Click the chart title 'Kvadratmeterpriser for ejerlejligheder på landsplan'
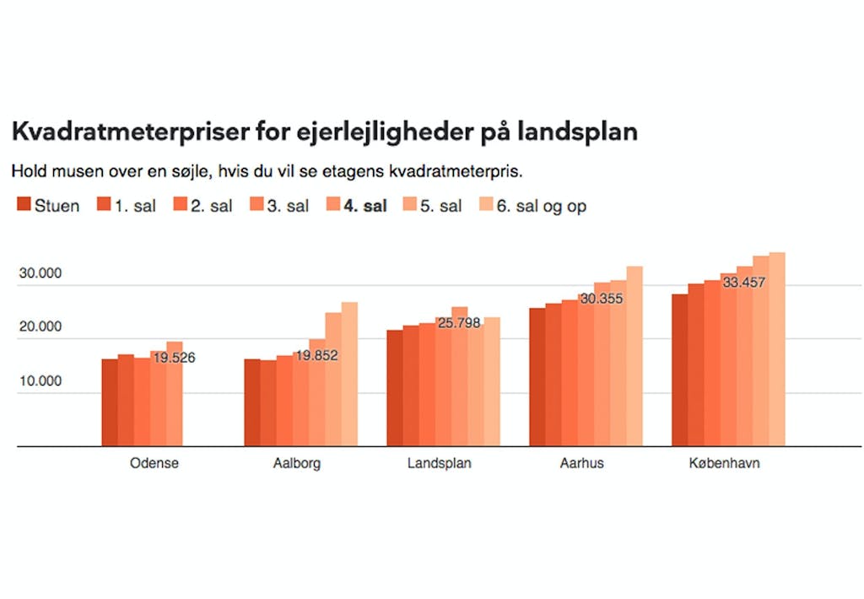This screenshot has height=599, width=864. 324,132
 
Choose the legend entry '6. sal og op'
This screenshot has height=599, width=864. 532,206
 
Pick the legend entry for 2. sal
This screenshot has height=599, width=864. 202,206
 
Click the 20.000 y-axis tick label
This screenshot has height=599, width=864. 41,327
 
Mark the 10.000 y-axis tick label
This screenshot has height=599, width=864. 41,381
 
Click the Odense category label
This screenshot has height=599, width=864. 154,463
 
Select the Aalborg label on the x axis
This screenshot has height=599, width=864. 297,463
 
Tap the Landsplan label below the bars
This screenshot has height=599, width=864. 439,463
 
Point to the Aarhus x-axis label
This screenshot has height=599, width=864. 581,463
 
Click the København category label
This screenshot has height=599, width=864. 724,463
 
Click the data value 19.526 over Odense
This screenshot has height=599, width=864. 174,358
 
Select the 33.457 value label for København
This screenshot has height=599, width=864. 743,282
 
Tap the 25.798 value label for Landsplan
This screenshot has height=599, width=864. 459,322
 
